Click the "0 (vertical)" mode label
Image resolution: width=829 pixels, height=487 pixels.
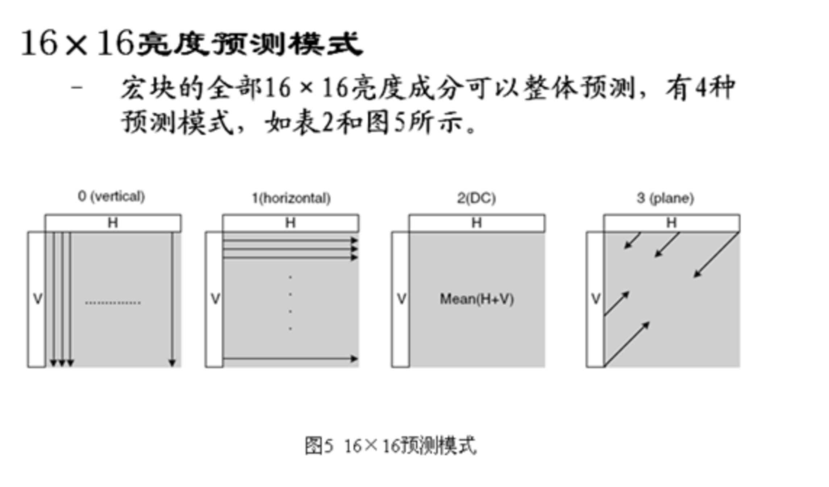(x=111, y=197)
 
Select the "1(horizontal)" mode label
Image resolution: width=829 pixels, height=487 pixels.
(x=291, y=198)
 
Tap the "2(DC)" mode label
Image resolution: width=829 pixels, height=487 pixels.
(x=476, y=198)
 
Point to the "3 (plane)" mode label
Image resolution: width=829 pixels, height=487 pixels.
(x=665, y=198)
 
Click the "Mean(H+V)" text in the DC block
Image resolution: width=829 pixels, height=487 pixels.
(x=477, y=299)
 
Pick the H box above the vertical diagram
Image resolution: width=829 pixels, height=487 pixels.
(x=113, y=223)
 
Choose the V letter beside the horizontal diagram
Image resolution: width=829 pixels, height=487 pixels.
(x=215, y=299)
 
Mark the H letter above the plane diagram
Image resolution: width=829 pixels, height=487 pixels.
(x=671, y=222)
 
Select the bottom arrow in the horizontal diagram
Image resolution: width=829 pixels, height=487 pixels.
(x=290, y=359)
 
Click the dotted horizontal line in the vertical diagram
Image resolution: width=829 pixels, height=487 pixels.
(x=113, y=303)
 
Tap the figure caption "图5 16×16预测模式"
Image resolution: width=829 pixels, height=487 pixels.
(x=391, y=446)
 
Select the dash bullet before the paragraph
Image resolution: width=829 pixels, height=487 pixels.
(x=77, y=88)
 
